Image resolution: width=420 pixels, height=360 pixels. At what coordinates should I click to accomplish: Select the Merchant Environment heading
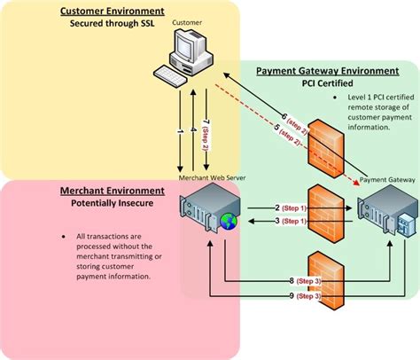(x=112, y=165)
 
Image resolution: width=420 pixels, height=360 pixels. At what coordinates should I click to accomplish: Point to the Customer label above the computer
(x=186, y=21)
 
